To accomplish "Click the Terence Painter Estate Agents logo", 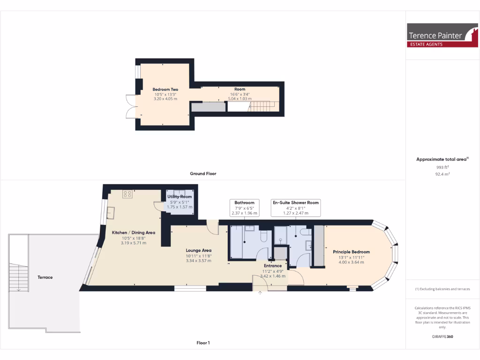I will point(442,35).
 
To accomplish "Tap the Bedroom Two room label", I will point(165,89).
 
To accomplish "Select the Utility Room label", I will point(180,196).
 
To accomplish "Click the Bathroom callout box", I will point(245,208).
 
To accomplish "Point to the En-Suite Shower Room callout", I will point(296,208).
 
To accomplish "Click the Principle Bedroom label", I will point(351,252).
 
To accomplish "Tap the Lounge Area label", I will point(198,250).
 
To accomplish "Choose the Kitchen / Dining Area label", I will point(133,232).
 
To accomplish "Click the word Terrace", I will point(45,277).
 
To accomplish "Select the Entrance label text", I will point(272,266).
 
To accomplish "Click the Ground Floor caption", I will point(203,173).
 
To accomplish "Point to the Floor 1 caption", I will point(203,343).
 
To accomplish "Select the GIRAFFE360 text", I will point(442,337).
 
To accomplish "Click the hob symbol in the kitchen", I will point(127,194).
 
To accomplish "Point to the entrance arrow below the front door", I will point(261,293).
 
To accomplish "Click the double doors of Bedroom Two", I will point(130,107).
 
